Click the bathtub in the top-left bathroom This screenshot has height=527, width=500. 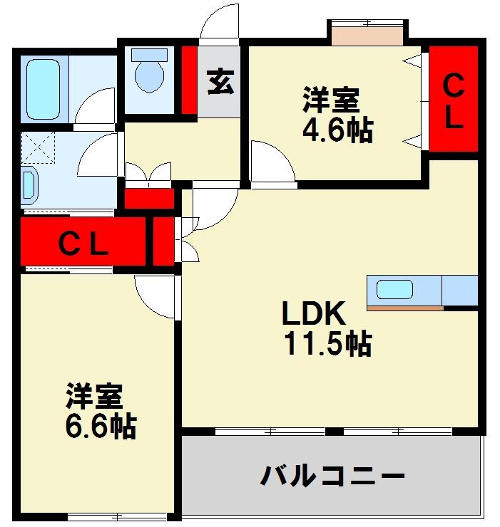pos(44,89)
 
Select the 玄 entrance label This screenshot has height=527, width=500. pos(220,82)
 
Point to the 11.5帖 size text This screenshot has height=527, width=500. pos(327,344)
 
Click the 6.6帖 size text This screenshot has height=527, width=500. pos(99,426)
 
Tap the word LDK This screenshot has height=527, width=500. pos(313,313)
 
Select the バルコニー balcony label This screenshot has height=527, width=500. pos(332,475)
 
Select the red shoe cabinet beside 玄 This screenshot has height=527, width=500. pos(189,80)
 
